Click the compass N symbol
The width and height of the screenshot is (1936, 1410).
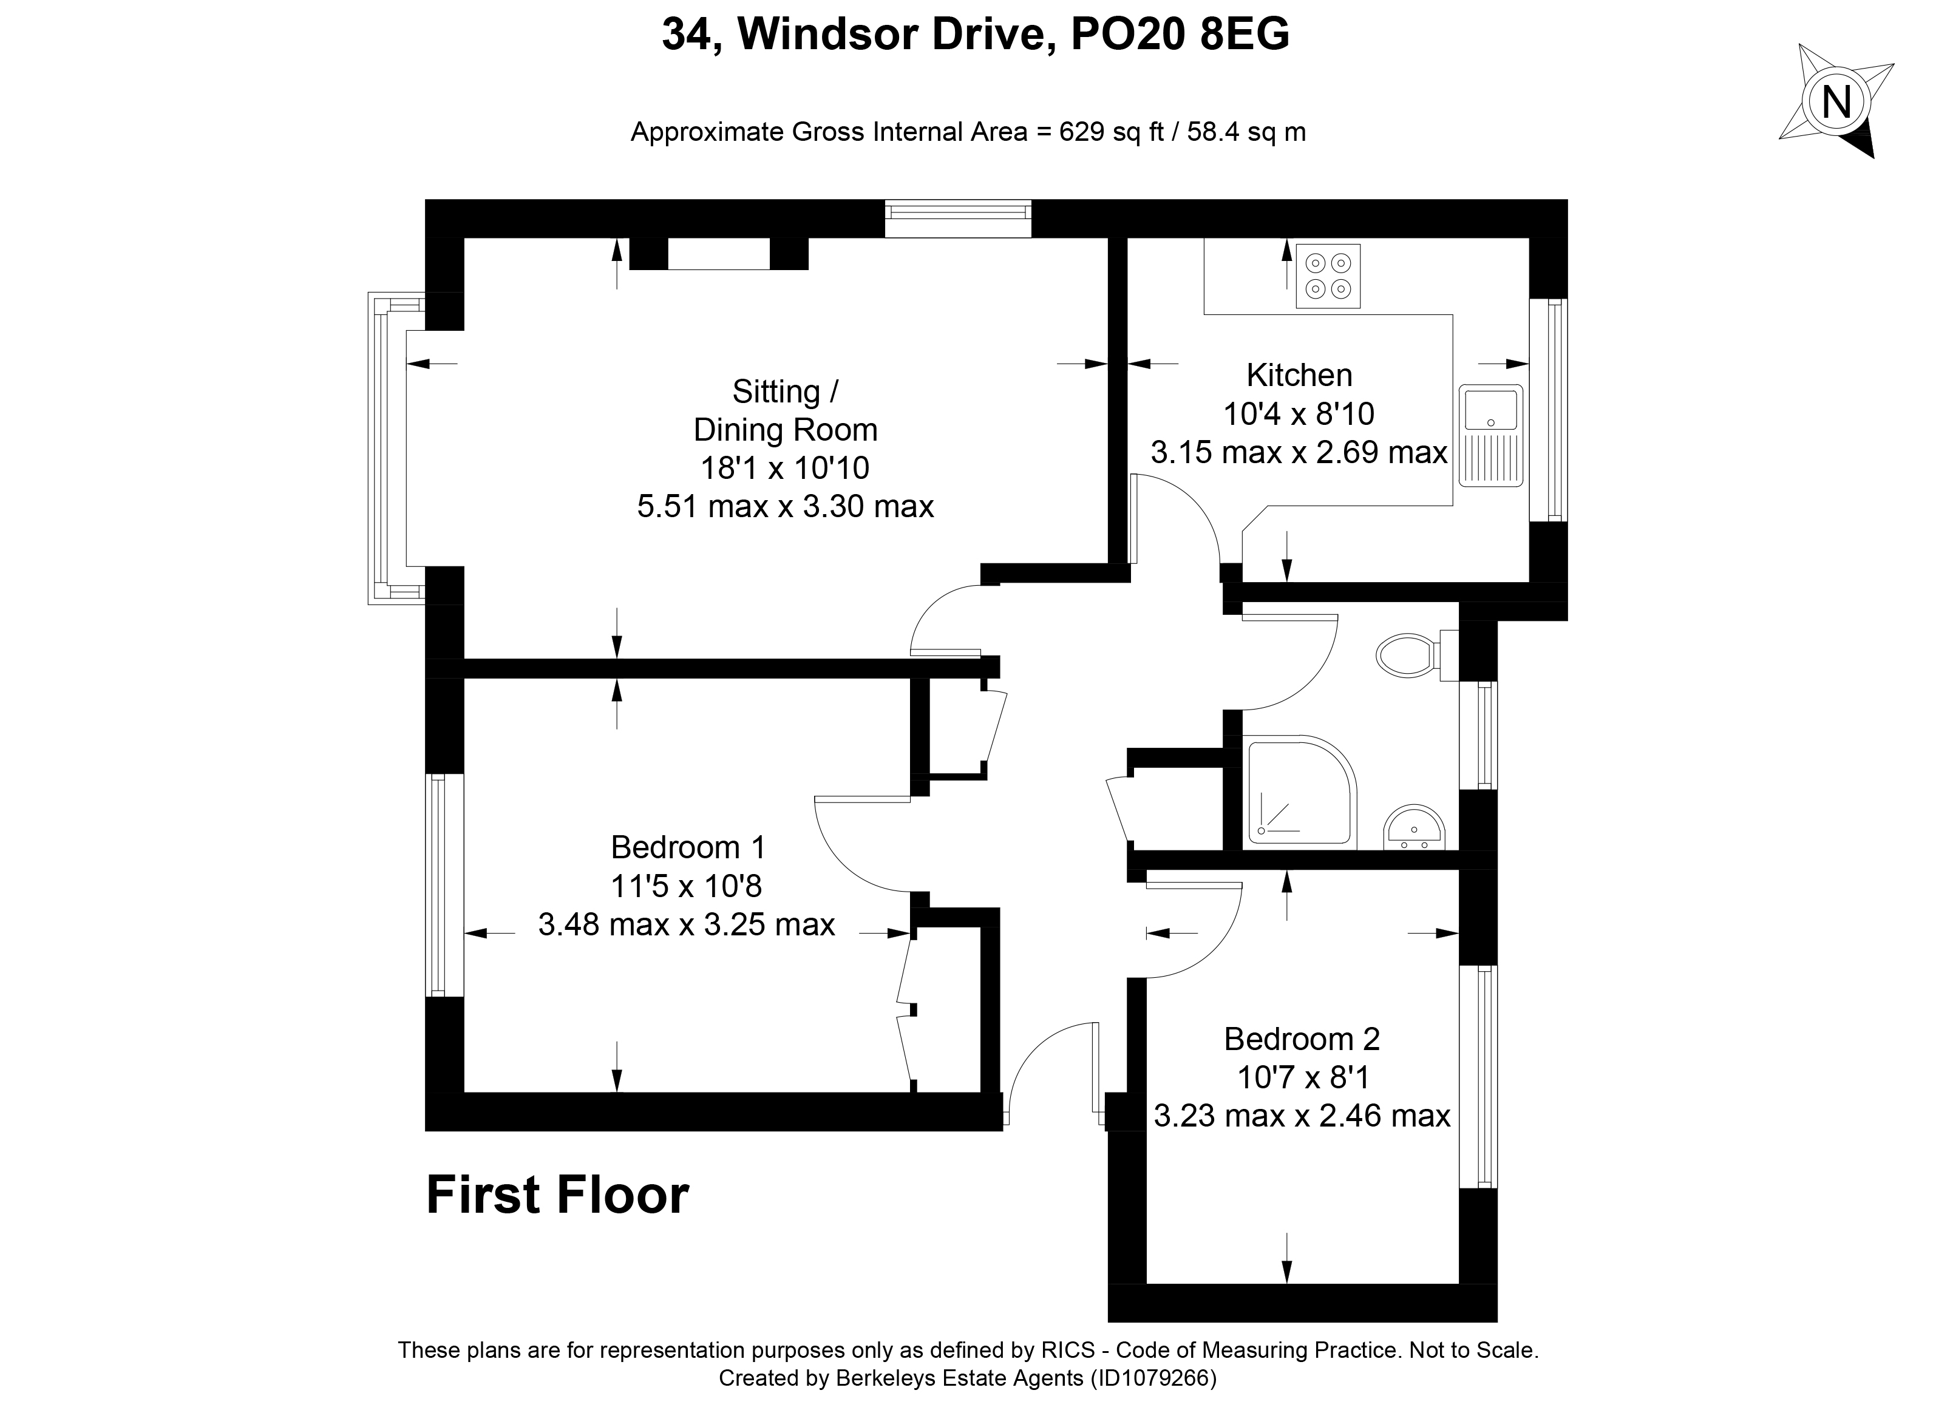coord(1836,103)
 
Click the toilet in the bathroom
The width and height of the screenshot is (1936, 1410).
coord(1417,656)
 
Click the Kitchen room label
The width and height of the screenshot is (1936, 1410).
coord(1299,375)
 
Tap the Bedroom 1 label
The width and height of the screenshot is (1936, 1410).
coord(688,847)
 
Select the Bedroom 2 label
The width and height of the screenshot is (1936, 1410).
coord(1302,1039)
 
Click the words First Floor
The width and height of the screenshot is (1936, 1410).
coord(557,1195)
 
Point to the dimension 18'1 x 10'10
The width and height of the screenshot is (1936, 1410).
coord(786,468)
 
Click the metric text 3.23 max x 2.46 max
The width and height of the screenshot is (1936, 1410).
coord(1302,1116)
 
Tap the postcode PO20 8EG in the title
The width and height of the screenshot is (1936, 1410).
coord(1180,35)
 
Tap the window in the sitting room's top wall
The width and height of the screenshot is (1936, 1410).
coord(958,219)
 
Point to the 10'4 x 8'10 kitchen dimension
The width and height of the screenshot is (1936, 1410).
coord(1299,414)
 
